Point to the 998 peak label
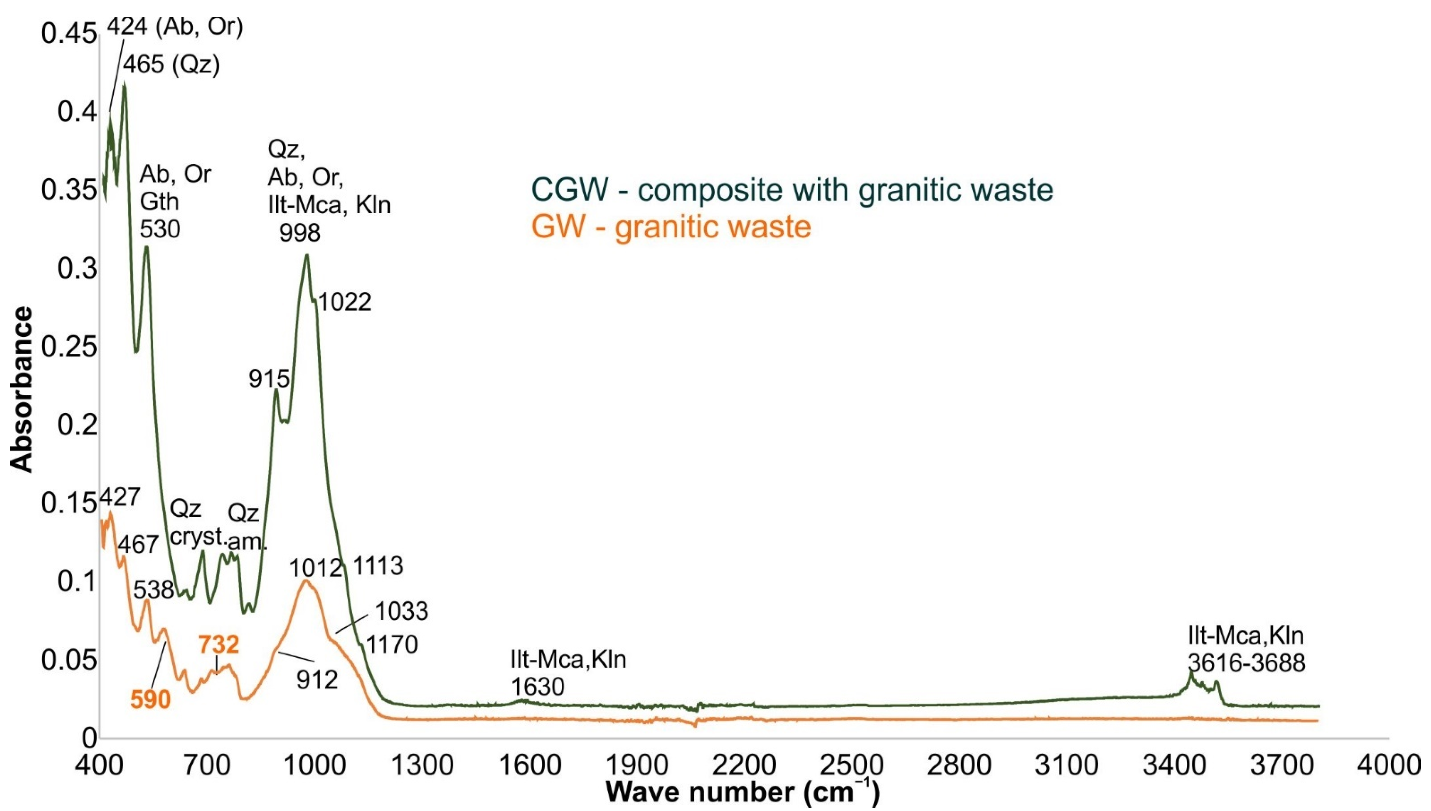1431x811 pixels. [x=300, y=233]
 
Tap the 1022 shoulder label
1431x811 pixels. [x=344, y=303]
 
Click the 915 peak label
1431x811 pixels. [x=269, y=379]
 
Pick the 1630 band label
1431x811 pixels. [x=537, y=687]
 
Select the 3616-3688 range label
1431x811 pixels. [x=1247, y=663]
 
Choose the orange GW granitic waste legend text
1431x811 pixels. [x=671, y=227]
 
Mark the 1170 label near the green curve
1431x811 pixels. [x=392, y=645]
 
